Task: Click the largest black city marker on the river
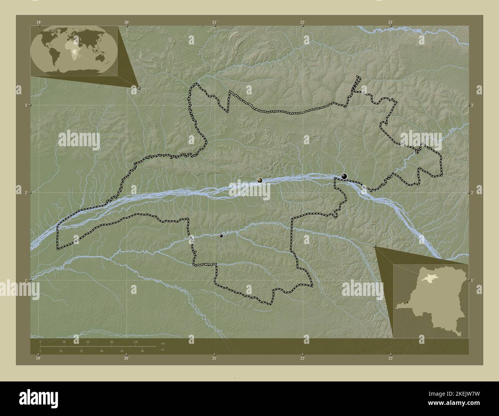[x=344, y=176]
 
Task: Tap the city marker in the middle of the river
[x=260, y=180]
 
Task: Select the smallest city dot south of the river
[x=221, y=236]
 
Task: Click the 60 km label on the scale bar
[x=88, y=342]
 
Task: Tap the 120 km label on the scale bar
[x=135, y=342]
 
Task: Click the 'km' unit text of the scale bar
[x=163, y=343]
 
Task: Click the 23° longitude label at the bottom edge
[x=390, y=358]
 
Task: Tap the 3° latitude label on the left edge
[x=26, y=105]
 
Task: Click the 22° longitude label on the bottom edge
[x=302, y=358]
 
